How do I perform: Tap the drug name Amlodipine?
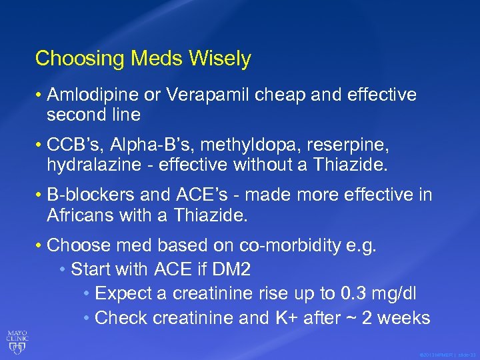[94, 95]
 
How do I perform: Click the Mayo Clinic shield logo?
[17, 342]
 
